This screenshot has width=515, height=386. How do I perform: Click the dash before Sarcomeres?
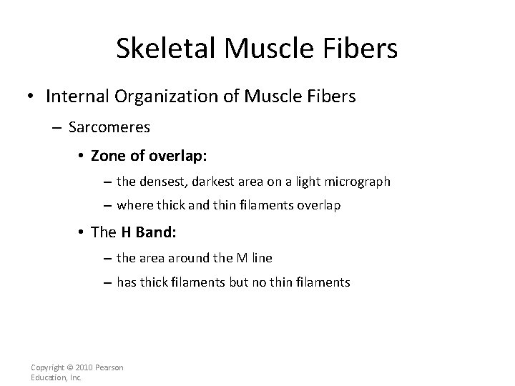tap(59, 127)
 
